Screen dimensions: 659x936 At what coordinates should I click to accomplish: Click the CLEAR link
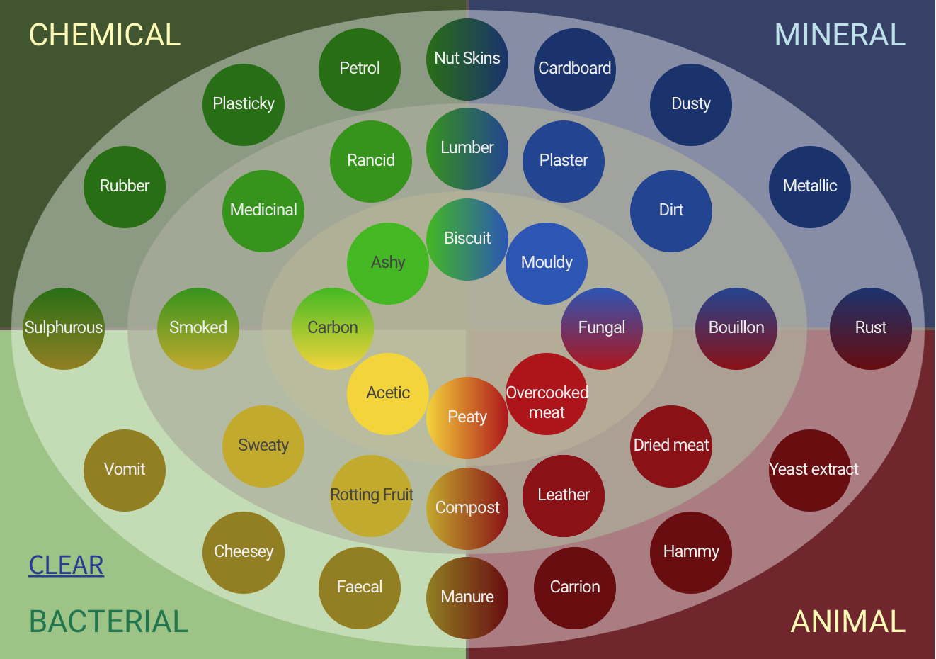pos(67,565)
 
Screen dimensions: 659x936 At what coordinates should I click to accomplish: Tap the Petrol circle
pos(360,69)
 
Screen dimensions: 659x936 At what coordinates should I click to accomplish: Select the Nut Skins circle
pos(467,59)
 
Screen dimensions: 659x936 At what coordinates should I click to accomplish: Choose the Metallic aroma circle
pos(810,186)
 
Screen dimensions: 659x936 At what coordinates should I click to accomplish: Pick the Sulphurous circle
pos(64,328)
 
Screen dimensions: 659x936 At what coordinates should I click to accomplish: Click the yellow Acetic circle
pos(388,393)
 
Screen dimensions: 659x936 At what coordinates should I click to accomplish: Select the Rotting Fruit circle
pos(371,495)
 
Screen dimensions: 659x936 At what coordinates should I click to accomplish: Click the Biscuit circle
pos(467,239)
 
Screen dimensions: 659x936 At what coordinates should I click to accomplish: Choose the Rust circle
pos(871,328)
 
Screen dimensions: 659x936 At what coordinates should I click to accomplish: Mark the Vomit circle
pos(125,470)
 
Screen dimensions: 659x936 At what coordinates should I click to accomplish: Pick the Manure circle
pos(467,597)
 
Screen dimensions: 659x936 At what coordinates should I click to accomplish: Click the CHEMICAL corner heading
pos(105,35)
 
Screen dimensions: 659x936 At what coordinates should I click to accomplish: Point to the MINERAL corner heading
pos(840,35)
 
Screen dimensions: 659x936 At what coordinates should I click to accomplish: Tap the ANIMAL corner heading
pos(847,621)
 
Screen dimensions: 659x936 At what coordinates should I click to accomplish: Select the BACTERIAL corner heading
pos(109,621)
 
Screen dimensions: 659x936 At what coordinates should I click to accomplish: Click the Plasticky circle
pos(244,104)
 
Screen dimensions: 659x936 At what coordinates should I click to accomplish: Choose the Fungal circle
pos(602,328)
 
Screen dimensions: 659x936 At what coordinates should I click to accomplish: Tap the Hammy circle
pos(691,552)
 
